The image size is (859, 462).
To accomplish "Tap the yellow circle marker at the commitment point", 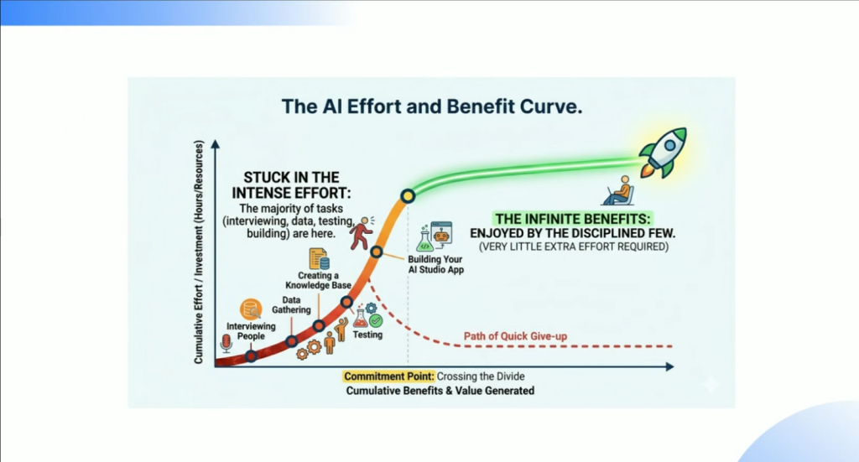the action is [408, 195].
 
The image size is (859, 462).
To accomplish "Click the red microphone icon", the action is [226, 343].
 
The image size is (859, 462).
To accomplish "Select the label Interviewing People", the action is [251, 331].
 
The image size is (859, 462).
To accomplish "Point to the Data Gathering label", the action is [291, 305].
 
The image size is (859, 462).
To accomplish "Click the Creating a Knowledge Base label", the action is [318, 280].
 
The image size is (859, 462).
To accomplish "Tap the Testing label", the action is [367, 335].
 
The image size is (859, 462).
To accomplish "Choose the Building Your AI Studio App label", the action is [435, 264].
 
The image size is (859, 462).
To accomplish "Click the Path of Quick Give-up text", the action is [515, 336].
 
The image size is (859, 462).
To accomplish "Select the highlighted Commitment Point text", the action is [389, 376].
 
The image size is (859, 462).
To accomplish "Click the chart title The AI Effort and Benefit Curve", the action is [432, 106].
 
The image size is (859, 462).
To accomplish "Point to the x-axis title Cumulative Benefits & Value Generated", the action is [440, 391].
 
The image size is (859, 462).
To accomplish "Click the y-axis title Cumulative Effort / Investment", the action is [198, 252].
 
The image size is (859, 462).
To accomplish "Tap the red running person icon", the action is [362, 232].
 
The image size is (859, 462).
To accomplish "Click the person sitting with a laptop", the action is [619, 190].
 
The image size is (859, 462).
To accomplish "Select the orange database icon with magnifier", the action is [251, 309].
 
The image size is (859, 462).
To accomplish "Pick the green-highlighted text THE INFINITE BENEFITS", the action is [572, 219].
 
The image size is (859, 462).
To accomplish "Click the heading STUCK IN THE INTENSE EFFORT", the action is [291, 185].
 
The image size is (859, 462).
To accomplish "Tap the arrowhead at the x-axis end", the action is [669, 366].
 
